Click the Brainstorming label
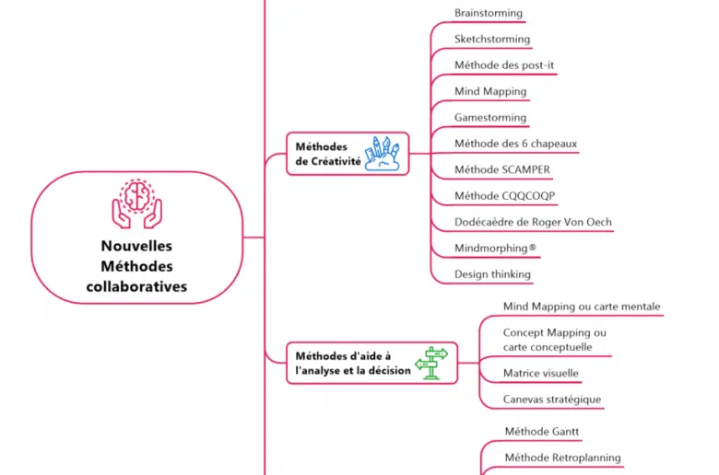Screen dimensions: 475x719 [x=488, y=13]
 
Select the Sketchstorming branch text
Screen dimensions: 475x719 [x=492, y=40]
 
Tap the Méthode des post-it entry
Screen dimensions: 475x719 [x=503, y=65]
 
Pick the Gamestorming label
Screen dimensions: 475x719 [x=490, y=118]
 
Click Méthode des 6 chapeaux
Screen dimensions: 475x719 [x=515, y=144]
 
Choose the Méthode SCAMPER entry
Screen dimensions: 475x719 [x=501, y=169]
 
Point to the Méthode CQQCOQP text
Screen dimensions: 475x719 [x=504, y=196]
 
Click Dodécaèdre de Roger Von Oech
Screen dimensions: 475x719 [x=533, y=222]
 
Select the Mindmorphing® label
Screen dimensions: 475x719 [x=495, y=249]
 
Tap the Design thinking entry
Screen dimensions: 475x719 [x=492, y=274]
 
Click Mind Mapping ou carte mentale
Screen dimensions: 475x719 [x=582, y=307]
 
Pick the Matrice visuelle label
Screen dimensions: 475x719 [x=541, y=374]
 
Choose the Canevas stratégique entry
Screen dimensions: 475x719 [x=552, y=400]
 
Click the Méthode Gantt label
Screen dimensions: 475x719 [x=542, y=431]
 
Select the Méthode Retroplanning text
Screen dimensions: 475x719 [x=562, y=458]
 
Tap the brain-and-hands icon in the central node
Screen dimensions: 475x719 [x=136, y=203]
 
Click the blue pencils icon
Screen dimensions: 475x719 [x=384, y=153]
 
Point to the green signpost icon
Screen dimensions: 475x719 [x=431, y=363]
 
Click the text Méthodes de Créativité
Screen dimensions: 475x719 [x=327, y=154]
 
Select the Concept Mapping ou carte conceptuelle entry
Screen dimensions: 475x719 [x=554, y=340]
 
